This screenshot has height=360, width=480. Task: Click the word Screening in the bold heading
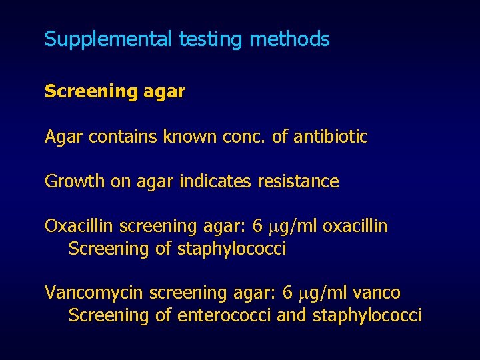(81, 91)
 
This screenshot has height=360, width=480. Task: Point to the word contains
(116, 137)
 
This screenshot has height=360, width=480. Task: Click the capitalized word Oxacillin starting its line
(74, 226)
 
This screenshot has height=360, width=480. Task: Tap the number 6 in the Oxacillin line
(257, 226)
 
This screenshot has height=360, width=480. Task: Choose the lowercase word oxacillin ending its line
(355, 226)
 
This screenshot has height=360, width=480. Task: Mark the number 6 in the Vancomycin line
(287, 293)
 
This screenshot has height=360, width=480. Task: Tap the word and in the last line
(291, 315)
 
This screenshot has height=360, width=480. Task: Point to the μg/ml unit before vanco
(323, 293)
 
